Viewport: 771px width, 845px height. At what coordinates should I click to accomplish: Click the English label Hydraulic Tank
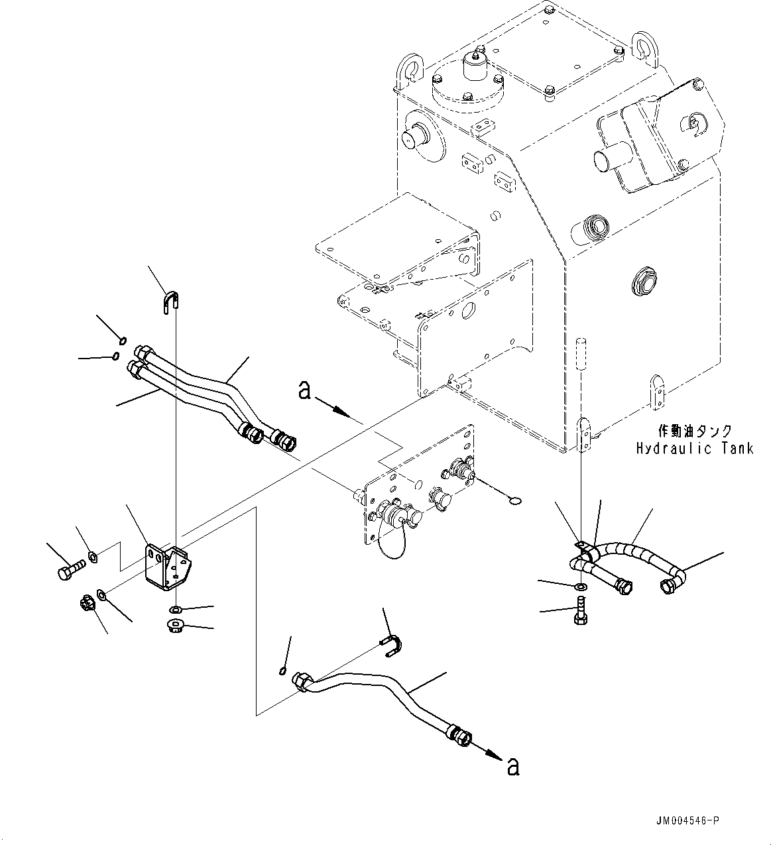click(694, 449)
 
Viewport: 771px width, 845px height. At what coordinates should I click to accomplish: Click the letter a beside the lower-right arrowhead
click(512, 767)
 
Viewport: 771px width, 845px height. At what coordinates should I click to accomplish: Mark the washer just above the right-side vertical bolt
click(581, 587)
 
